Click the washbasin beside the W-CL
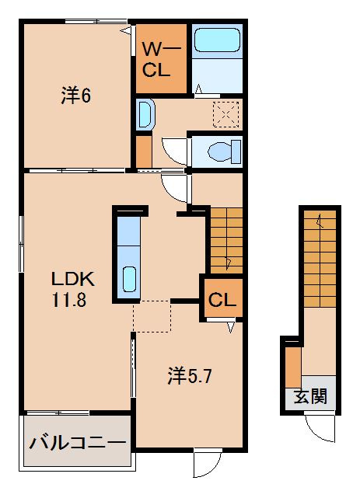click(145, 115)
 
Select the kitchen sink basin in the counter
click(129, 279)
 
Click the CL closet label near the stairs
click(222, 299)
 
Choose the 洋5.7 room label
click(189, 376)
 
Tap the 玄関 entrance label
click(309, 397)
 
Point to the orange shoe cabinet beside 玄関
click(292, 365)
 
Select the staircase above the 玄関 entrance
click(319, 256)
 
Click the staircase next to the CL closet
click(225, 239)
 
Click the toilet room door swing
click(177, 151)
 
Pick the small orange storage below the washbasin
click(144, 149)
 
